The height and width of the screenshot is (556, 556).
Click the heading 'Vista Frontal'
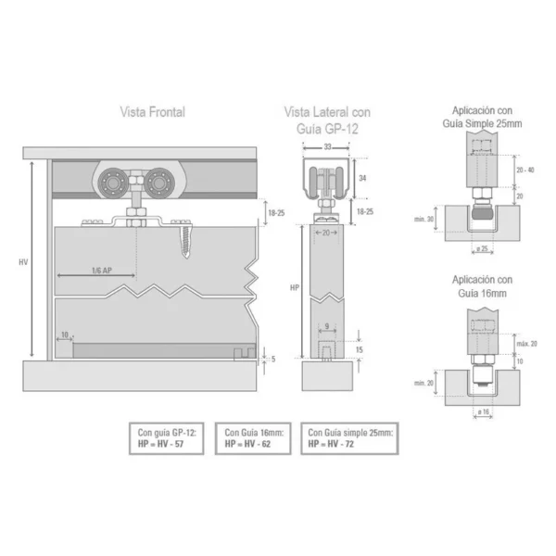(152, 112)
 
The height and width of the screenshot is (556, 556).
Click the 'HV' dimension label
(23, 262)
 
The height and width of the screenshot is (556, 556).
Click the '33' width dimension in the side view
(327, 147)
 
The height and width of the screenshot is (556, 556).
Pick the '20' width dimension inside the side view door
(327, 233)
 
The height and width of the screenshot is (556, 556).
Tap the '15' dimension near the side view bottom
(360, 349)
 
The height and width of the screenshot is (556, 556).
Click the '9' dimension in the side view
(327, 325)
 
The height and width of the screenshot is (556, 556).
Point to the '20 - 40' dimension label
(524, 170)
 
